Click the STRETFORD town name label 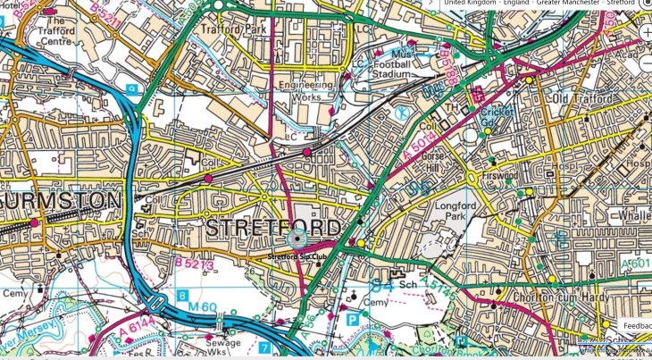coord(272,228)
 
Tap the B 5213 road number coord(194,264)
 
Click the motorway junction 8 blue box coord(182,294)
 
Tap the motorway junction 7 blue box coord(264,345)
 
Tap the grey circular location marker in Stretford coord(297,238)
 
